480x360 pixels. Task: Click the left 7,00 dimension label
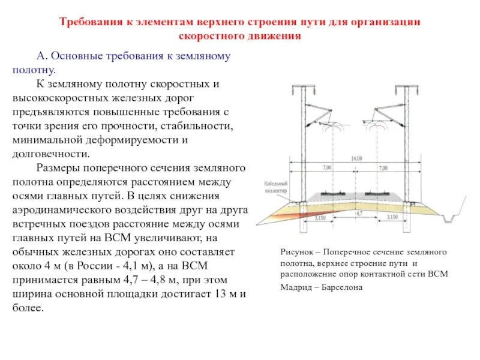pyautogui.click(x=327, y=167)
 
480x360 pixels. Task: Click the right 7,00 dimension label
pyautogui.click(x=383, y=167)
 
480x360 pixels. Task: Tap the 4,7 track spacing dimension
pyautogui.click(x=359, y=213)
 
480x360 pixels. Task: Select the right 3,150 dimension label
pyautogui.click(x=393, y=217)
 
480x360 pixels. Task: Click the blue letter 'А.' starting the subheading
pyautogui.click(x=42, y=56)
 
